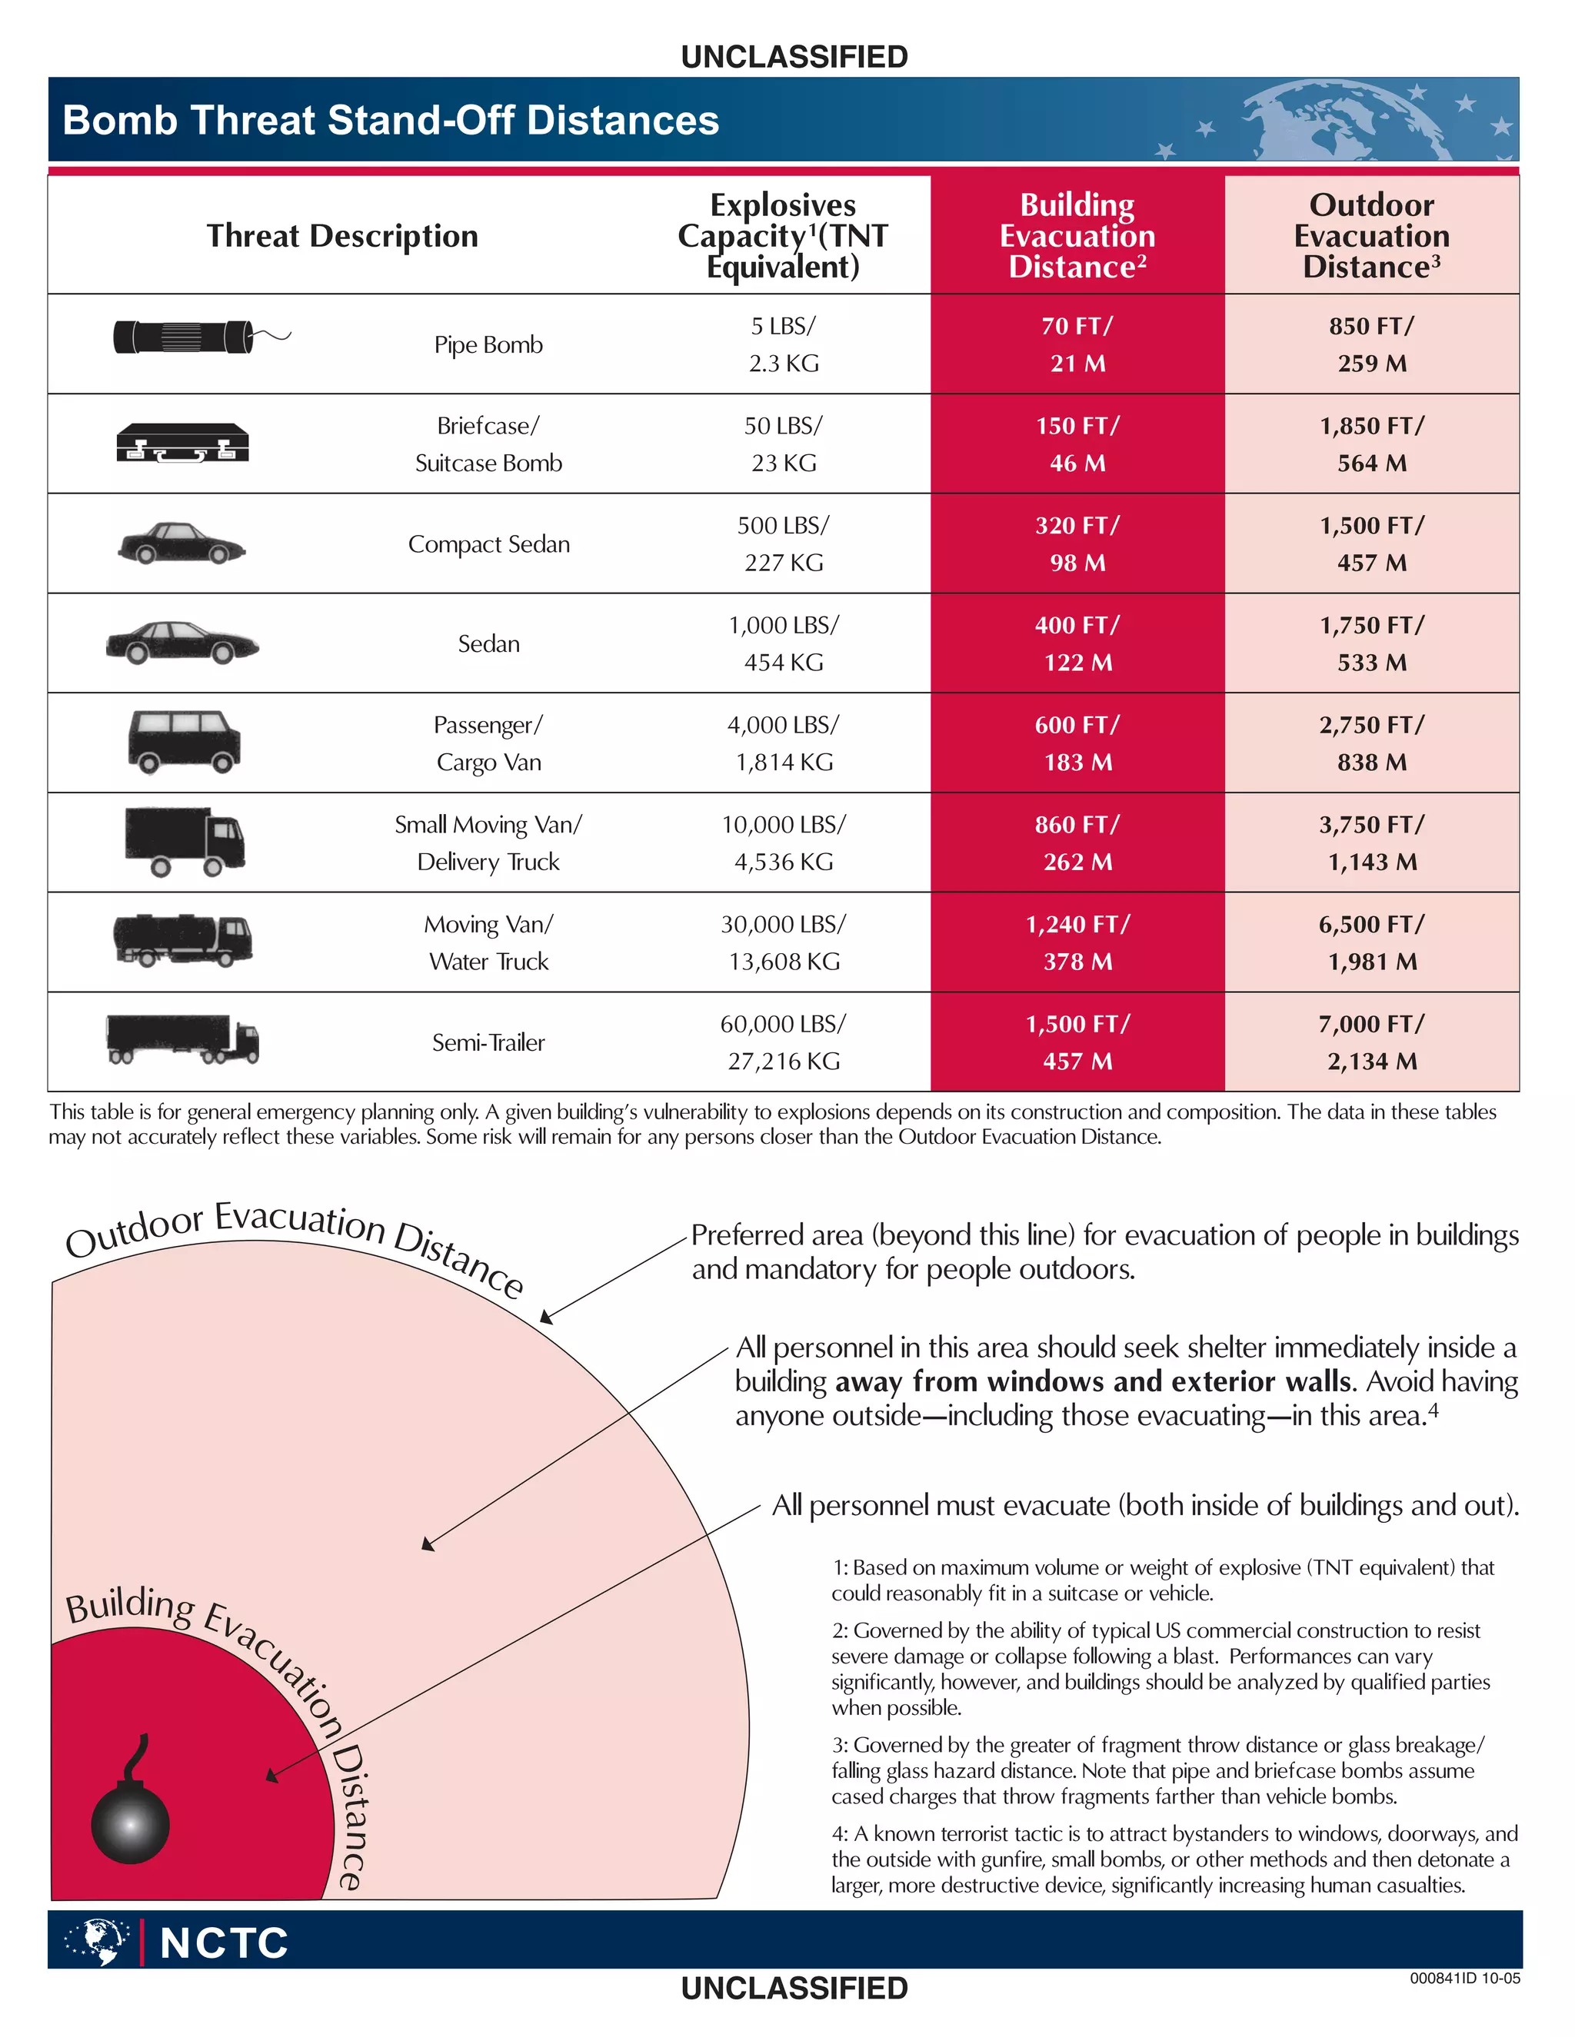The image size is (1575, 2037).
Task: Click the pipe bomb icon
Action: click(x=184, y=337)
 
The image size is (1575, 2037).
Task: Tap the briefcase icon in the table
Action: click(x=183, y=443)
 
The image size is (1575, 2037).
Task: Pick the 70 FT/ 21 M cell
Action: click(x=1077, y=344)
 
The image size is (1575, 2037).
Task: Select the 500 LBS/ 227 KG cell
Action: click(x=783, y=543)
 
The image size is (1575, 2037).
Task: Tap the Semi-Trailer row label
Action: click(x=488, y=1043)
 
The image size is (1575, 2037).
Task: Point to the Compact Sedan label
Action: click(x=488, y=543)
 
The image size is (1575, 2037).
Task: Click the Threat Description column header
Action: click(x=341, y=236)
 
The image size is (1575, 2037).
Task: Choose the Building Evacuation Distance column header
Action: click(x=1077, y=236)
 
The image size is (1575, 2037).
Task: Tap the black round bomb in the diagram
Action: click(x=131, y=1823)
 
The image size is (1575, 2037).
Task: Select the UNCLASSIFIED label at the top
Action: click(x=794, y=57)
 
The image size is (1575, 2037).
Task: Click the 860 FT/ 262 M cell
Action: click(x=1077, y=843)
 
